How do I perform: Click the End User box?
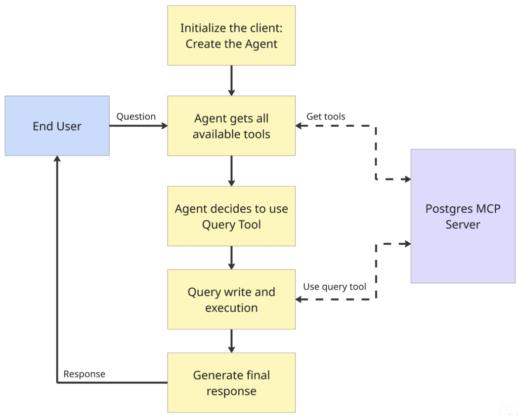point(57,126)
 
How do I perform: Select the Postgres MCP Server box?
point(462,216)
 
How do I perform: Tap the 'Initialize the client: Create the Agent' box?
point(231,35)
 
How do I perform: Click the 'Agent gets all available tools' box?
point(231,126)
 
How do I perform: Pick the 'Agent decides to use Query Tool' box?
point(231,216)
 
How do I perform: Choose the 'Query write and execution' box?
point(231,299)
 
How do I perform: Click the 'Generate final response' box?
point(231,383)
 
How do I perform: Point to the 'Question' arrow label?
point(136,117)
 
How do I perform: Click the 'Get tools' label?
point(326,117)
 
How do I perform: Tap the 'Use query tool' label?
point(334,287)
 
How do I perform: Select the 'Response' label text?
point(84,374)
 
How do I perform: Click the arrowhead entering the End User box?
point(57,160)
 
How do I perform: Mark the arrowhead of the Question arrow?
point(163,126)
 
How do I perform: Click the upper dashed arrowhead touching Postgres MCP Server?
point(407,179)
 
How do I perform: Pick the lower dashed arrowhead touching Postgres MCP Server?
point(407,244)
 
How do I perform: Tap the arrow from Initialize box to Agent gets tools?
point(231,80)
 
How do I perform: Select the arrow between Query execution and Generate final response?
point(231,341)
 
